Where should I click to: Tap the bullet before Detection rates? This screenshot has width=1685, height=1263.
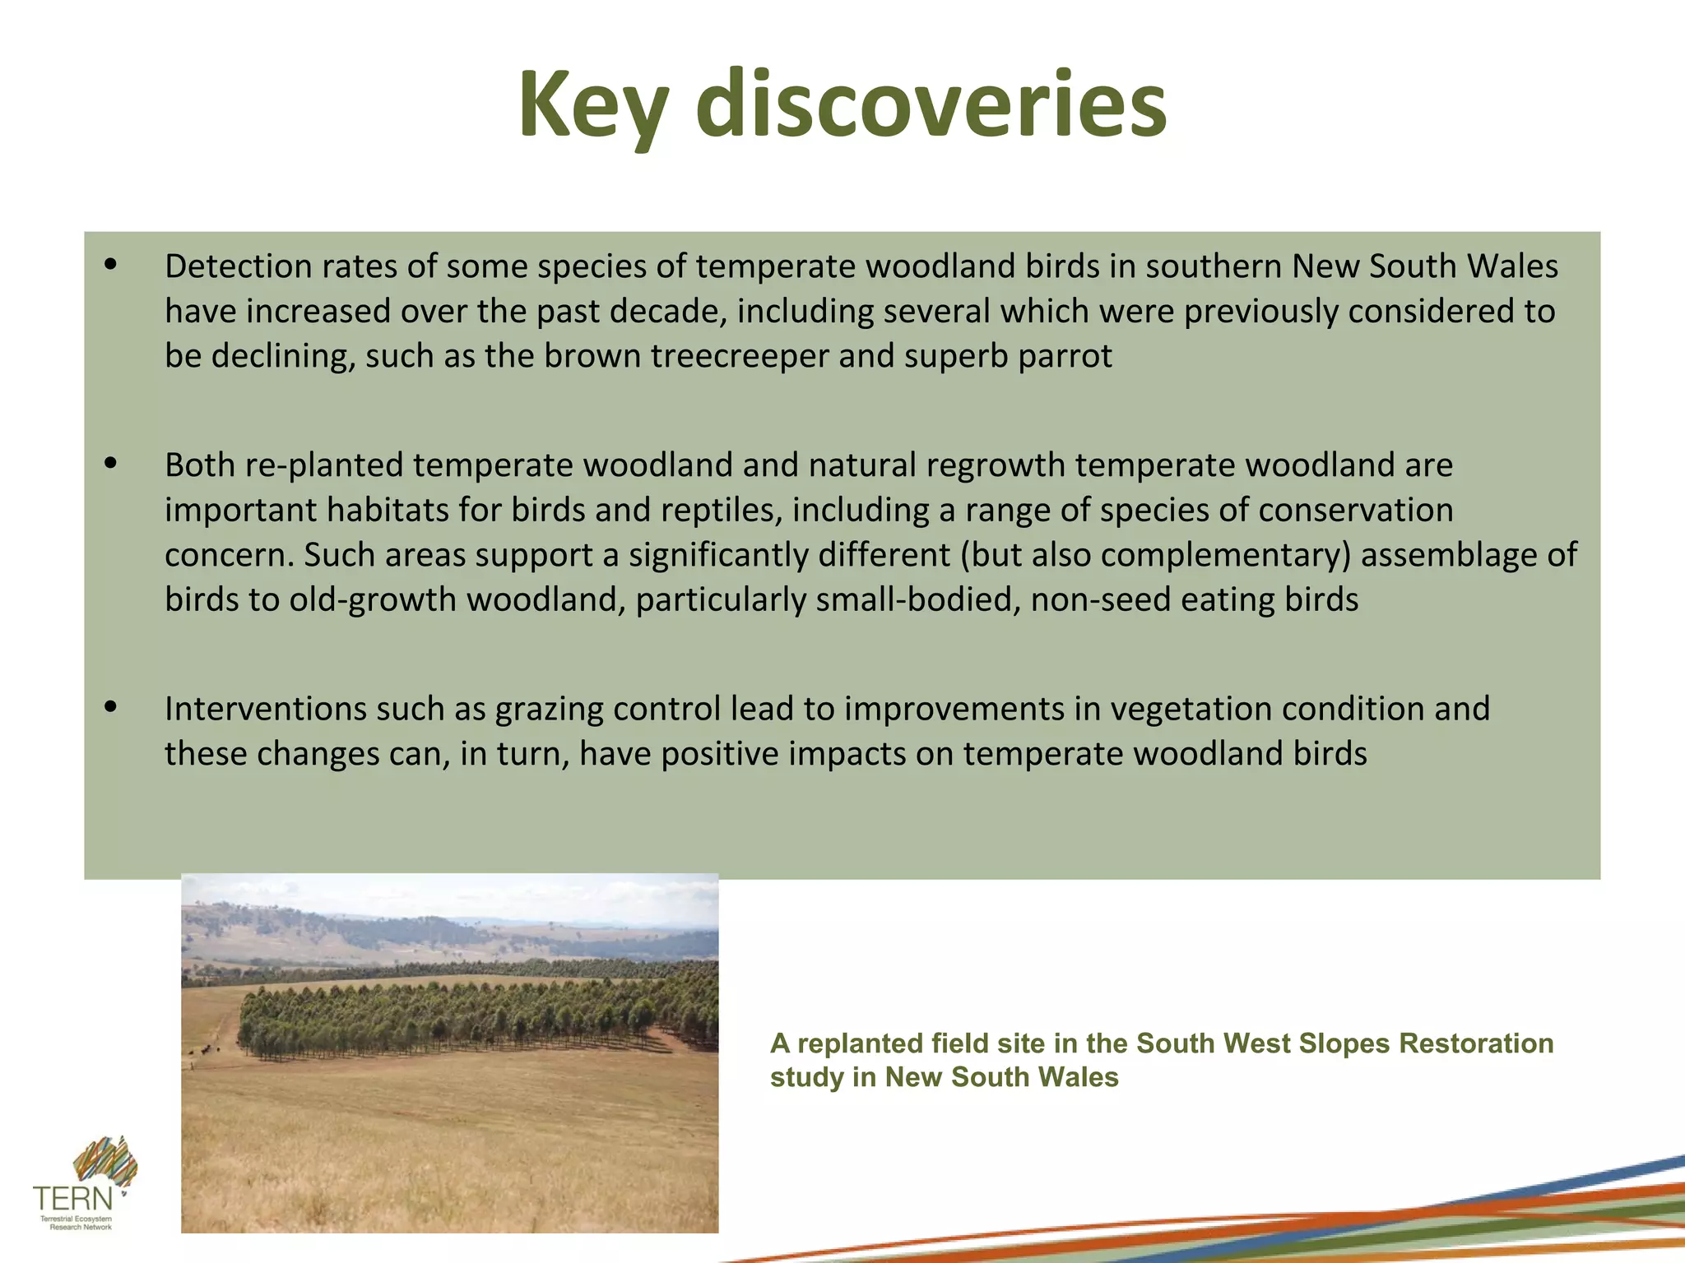click(x=112, y=266)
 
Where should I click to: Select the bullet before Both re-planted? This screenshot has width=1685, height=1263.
click(x=112, y=465)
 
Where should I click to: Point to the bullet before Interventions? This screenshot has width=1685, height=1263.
click(x=112, y=708)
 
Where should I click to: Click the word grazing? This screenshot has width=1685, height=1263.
click(x=549, y=709)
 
